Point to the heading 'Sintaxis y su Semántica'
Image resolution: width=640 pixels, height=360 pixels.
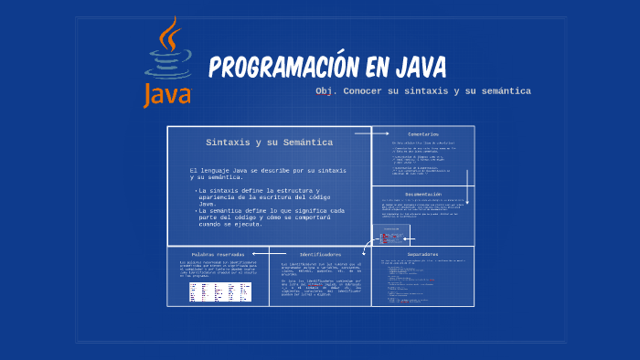click(x=269, y=143)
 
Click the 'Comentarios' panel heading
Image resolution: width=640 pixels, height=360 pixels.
click(x=422, y=134)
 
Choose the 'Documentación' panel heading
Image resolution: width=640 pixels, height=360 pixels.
click(x=423, y=194)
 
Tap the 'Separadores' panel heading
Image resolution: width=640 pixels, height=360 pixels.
click(x=422, y=254)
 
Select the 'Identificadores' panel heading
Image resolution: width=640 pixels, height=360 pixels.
click(x=320, y=254)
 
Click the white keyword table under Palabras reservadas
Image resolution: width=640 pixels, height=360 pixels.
click(x=219, y=291)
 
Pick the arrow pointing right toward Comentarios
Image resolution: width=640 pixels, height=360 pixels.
click(x=373, y=133)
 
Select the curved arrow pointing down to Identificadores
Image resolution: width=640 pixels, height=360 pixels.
click(x=366, y=245)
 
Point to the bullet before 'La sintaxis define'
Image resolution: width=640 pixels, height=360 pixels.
click(x=196, y=190)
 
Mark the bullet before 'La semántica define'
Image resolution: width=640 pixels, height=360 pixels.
click(x=196, y=211)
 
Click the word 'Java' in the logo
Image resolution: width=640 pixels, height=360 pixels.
click(x=166, y=93)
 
